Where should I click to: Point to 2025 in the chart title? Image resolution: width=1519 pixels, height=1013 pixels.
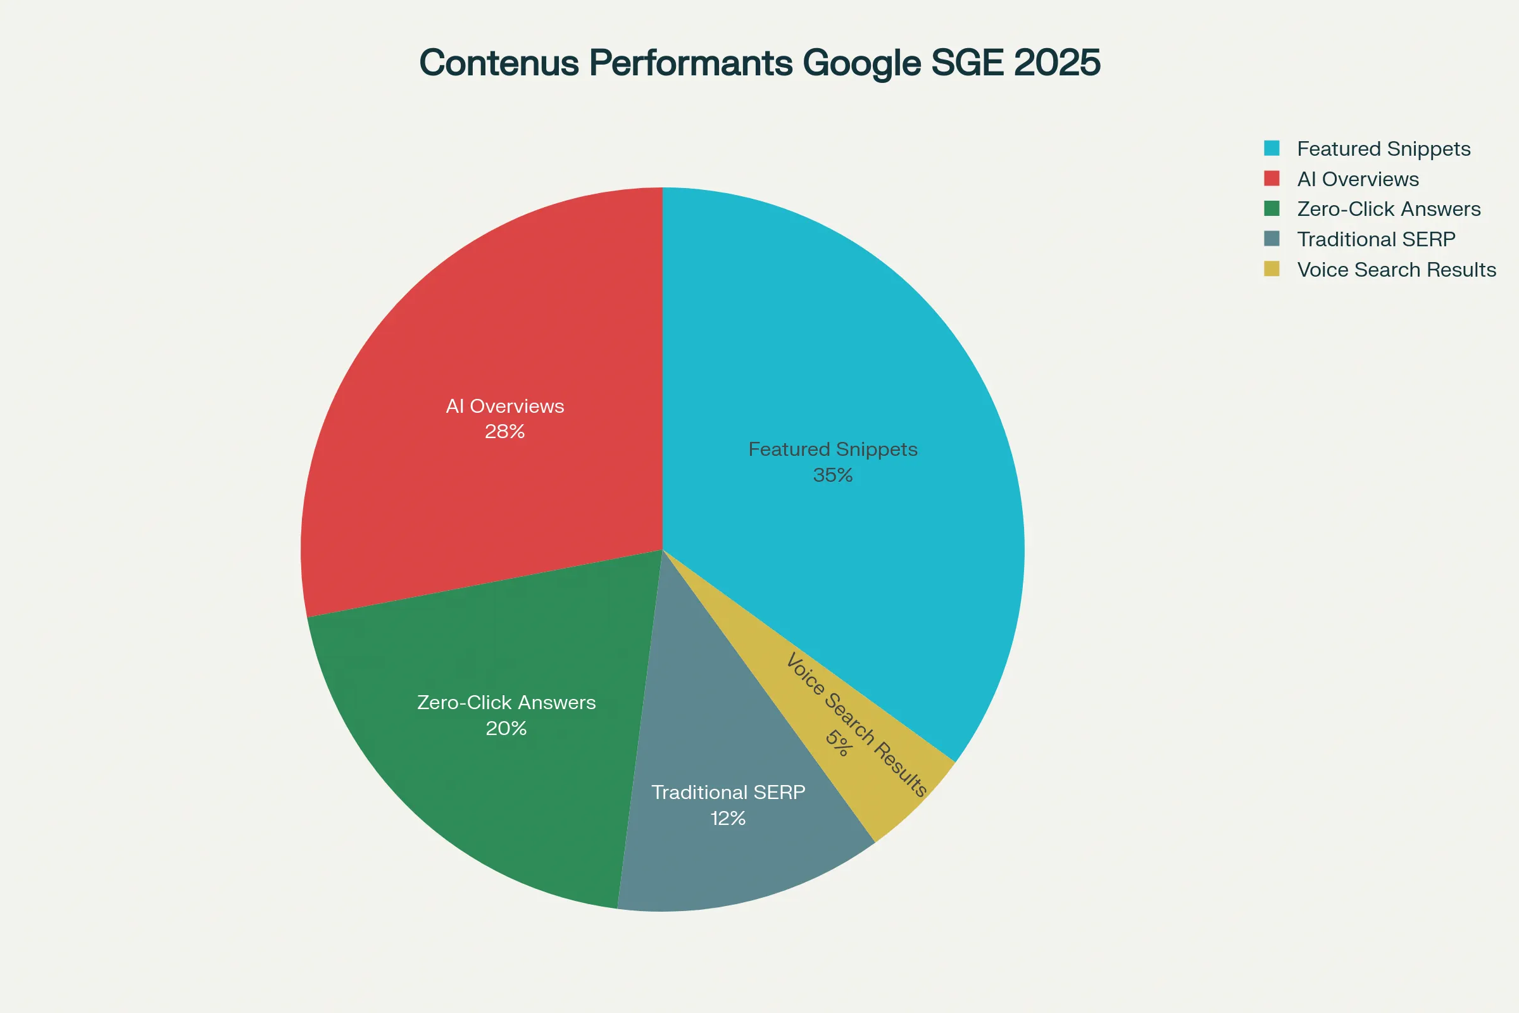click(x=1056, y=63)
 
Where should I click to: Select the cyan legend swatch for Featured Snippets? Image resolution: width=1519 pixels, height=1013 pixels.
click(x=1272, y=148)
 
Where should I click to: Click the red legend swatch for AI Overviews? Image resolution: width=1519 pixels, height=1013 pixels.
click(x=1272, y=179)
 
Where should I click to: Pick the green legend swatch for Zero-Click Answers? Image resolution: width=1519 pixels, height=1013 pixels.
click(x=1272, y=208)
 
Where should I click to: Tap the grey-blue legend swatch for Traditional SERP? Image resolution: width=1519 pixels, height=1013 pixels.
click(x=1272, y=239)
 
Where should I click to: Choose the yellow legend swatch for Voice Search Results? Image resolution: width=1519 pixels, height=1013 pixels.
click(x=1272, y=268)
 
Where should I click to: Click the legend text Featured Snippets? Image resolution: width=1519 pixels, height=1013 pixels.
click(x=1384, y=149)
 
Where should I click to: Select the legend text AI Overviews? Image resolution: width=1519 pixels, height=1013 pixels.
click(x=1358, y=179)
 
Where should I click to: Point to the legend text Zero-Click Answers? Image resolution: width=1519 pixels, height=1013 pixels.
click(x=1389, y=209)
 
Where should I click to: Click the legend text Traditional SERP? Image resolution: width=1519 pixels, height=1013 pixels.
click(x=1376, y=239)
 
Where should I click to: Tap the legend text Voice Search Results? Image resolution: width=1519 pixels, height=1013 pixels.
click(x=1396, y=270)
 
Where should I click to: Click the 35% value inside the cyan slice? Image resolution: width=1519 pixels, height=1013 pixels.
click(x=832, y=475)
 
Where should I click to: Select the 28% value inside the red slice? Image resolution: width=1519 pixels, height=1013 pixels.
click(x=504, y=432)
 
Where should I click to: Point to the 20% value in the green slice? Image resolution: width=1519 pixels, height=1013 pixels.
click(x=506, y=729)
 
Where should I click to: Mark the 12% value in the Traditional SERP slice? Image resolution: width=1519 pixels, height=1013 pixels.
click(x=728, y=819)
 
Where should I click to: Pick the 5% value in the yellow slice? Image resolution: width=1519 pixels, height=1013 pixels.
click(x=838, y=743)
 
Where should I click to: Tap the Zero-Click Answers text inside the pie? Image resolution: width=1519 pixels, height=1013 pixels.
click(x=506, y=702)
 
